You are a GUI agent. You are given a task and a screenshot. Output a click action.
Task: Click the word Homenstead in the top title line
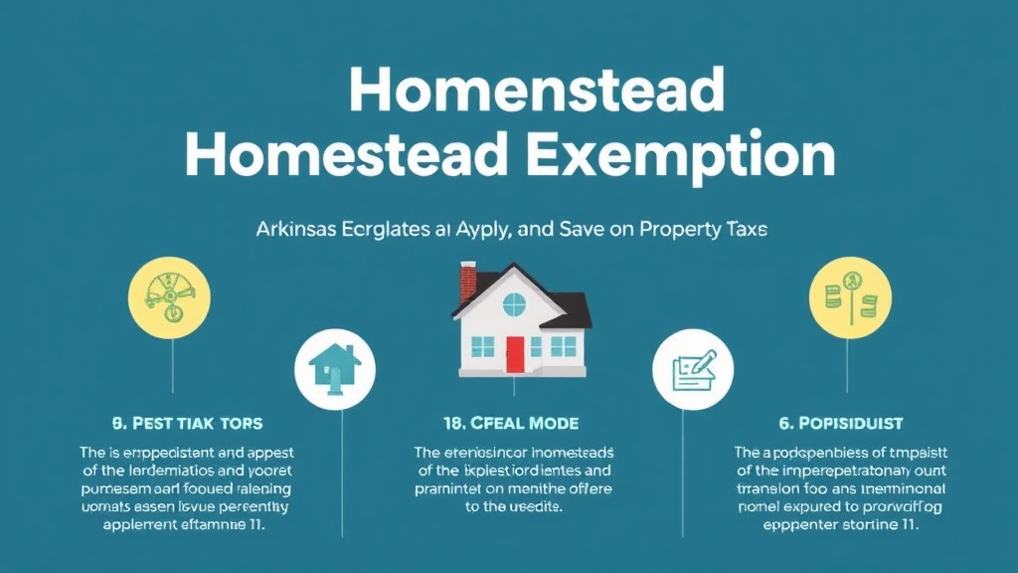click(x=537, y=91)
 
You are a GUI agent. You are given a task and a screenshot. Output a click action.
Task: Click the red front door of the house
click(x=514, y=354)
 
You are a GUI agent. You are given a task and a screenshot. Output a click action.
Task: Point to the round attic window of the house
click(x=514, y=303)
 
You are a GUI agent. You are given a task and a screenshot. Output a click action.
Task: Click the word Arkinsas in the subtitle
click(x=284, y=229)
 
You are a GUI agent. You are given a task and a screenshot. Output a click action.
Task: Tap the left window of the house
click(x=482, y=346)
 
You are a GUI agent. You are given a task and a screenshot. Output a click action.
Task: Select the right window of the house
click(x=563, y=346)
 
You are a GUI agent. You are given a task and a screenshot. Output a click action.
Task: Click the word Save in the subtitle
click(x=586, y=229)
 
